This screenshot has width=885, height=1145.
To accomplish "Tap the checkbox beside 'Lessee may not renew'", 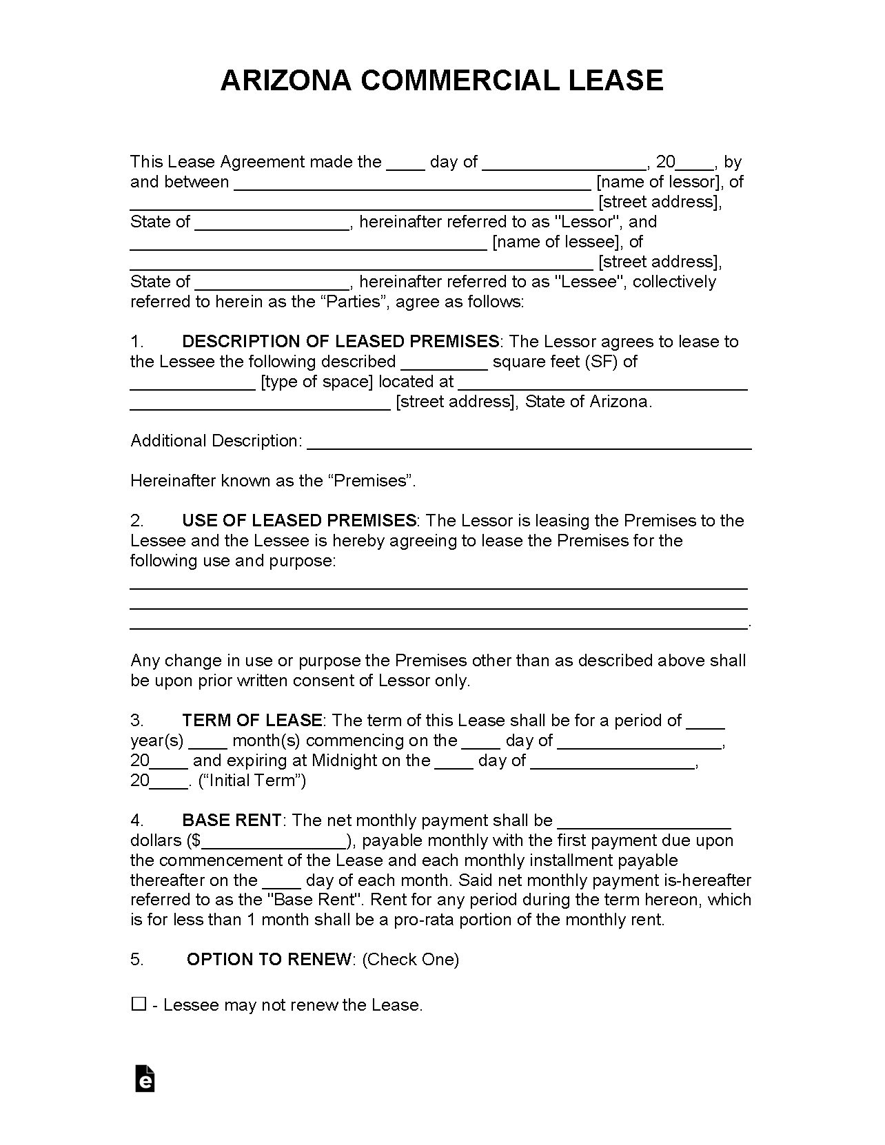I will (139, 1004).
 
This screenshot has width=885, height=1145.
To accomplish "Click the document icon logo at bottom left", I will (145, 1079).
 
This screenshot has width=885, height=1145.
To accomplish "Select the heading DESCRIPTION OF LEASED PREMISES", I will (340, 342).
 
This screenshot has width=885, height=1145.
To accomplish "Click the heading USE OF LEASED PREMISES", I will (299, 521).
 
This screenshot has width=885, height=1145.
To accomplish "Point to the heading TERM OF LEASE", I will (252, 721).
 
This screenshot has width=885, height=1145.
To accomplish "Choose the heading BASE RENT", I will (232, 821).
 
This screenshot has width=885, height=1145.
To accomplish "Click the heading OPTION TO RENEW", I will (269, 960).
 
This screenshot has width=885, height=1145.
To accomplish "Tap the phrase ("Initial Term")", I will (252, 781).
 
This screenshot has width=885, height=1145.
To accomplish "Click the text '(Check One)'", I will (410, 960).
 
